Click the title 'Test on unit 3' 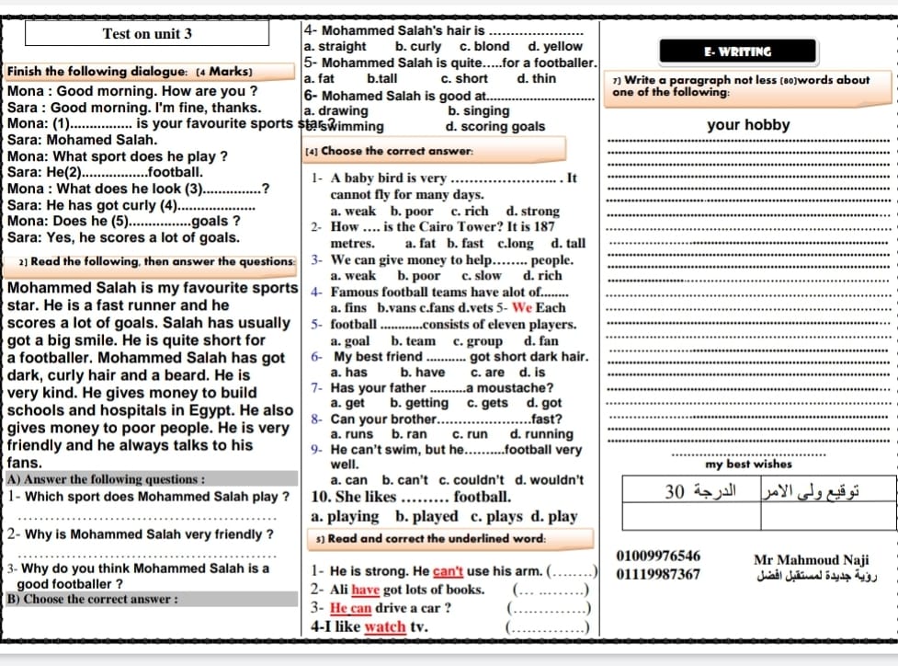click(x=147, y=34)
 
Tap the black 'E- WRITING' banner click(x=737, y=52)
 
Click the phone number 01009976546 click(x=658, y=556)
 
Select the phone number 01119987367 click(x=658, y=575)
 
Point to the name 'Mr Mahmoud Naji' click(x=811, y=559)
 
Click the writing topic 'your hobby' click(x=748, y=125)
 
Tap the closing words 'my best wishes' click(x=748, y=465)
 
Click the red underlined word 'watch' click(x=386, y=627)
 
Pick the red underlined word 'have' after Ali click(x=366, y=590)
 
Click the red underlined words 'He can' click(x=350, y=608)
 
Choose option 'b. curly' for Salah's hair click(x=417, y=46)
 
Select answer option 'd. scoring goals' click(x=494, y=127)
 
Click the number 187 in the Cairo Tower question click(x=544, y=226)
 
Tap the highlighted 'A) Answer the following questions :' click(x=106, y=479)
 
